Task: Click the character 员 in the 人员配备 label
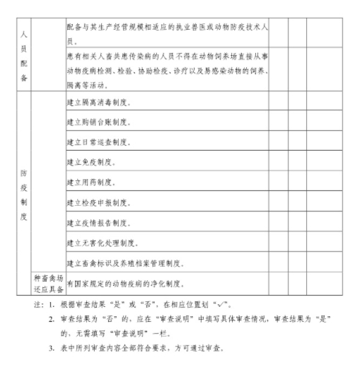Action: [x=24, y=47]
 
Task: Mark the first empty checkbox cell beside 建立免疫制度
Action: [x=278, y=163]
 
